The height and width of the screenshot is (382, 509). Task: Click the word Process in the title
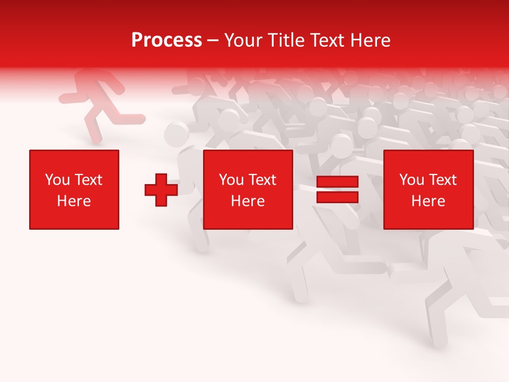166,40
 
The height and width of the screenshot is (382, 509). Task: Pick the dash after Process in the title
213,41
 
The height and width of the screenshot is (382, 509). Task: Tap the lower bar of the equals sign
337,197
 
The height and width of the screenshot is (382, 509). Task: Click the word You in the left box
57,180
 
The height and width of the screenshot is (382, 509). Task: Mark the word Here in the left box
74,201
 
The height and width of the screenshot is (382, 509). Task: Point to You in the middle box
231,180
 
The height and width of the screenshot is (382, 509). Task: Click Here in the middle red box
248,201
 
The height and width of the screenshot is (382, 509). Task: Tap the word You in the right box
411,180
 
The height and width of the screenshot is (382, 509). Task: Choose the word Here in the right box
428,201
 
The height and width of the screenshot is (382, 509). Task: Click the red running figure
98,103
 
